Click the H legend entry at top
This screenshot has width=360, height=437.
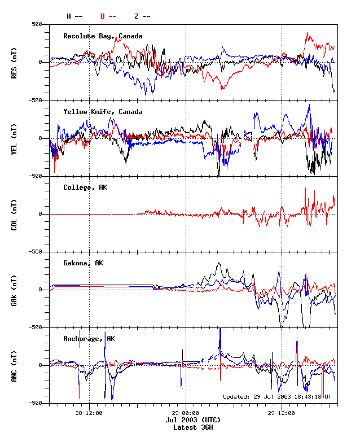click(x=74, y=16)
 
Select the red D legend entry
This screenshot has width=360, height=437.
click(x=108, y=16)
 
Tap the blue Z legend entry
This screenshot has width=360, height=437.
click(x=142, y=16)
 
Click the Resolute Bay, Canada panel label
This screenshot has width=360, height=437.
click(x=103, y=36)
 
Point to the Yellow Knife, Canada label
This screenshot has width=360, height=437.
click(x=103, y=112)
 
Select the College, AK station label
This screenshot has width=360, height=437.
click(x=85, y=187)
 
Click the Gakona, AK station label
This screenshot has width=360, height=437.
click(x=83, y=263)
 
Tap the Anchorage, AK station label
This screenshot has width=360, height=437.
click(x=89, y=339)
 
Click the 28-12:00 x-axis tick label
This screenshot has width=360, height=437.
click(x=89, y=413)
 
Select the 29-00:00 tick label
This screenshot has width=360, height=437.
click(x=186, y=413)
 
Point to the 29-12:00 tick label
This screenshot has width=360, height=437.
click(x=282, y=413)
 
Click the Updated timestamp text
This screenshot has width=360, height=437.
click(x=276, y=396)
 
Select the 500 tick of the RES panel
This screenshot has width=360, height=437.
click(x=37, y=24)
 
